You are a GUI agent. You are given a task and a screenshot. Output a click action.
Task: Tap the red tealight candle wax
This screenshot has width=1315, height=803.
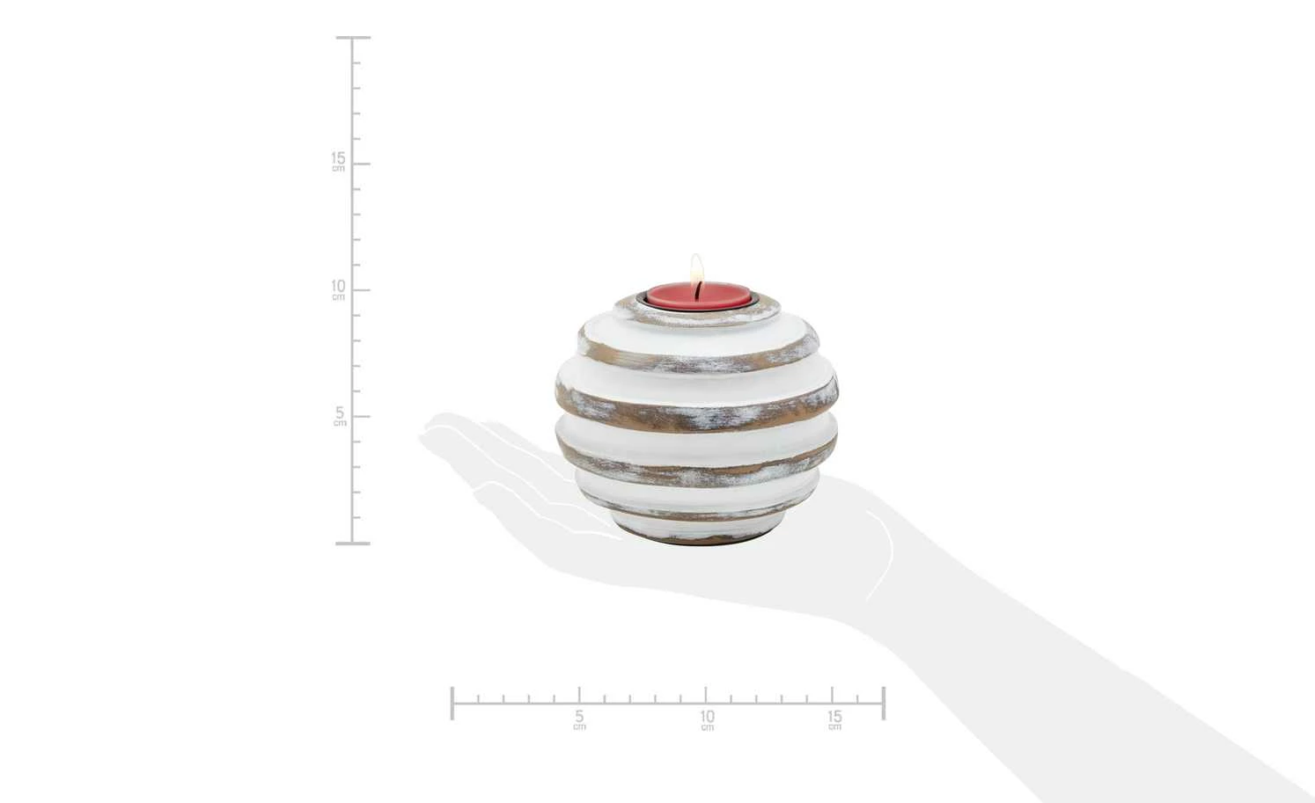pos(698,296)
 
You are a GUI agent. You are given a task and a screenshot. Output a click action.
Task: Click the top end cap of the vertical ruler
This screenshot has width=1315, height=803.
pos(353,38)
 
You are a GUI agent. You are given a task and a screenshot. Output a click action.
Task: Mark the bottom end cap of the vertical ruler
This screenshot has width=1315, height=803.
pos(353,544)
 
